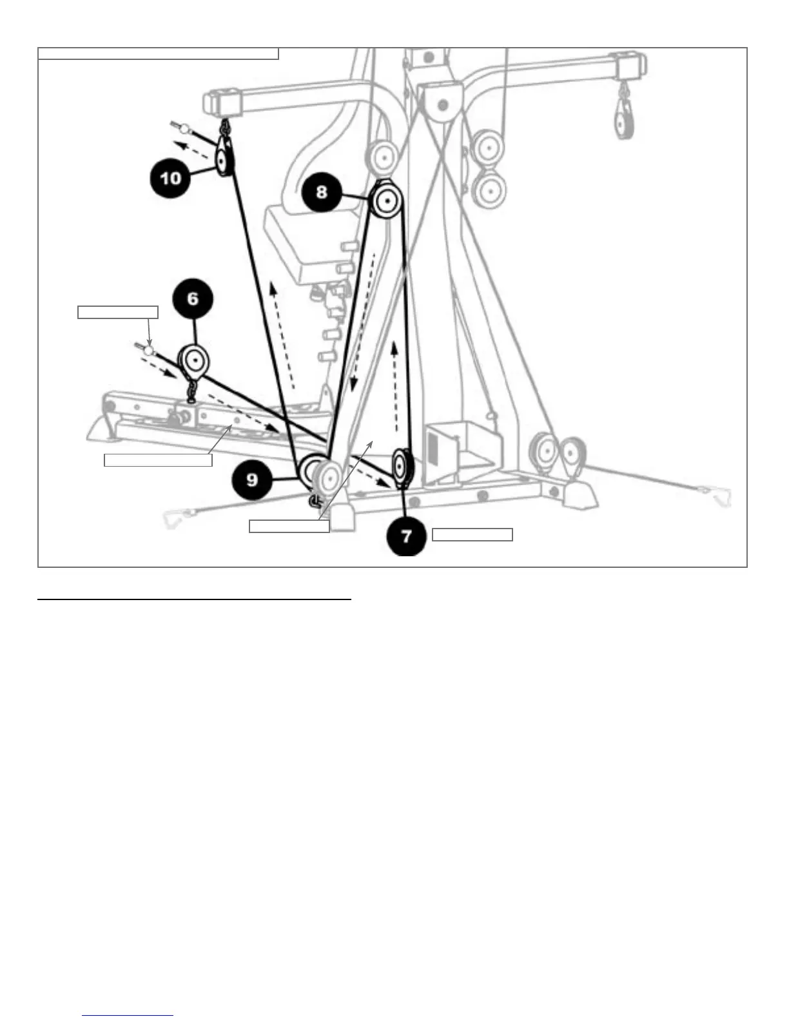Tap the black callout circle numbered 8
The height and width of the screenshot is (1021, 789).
pyautogui.click(x=322, y=191)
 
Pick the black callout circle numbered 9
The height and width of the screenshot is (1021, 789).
pyautogui.click(x=252, y=479)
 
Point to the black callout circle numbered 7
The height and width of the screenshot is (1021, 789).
pyautogui.click(x=407, y=536)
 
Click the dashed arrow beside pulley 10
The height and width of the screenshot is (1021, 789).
pyautogui.click(x=196, y=151)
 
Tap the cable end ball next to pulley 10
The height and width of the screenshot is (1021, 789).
pyautogui.click(x=184, y=130)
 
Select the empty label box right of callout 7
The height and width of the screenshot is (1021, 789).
pyautogui.click(x=472, y=535)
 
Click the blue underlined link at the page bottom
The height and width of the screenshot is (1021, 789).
pyautogui.click(x=128, y=1015)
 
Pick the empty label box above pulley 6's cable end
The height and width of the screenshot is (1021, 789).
pyautogui.click(x=118, y=313)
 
